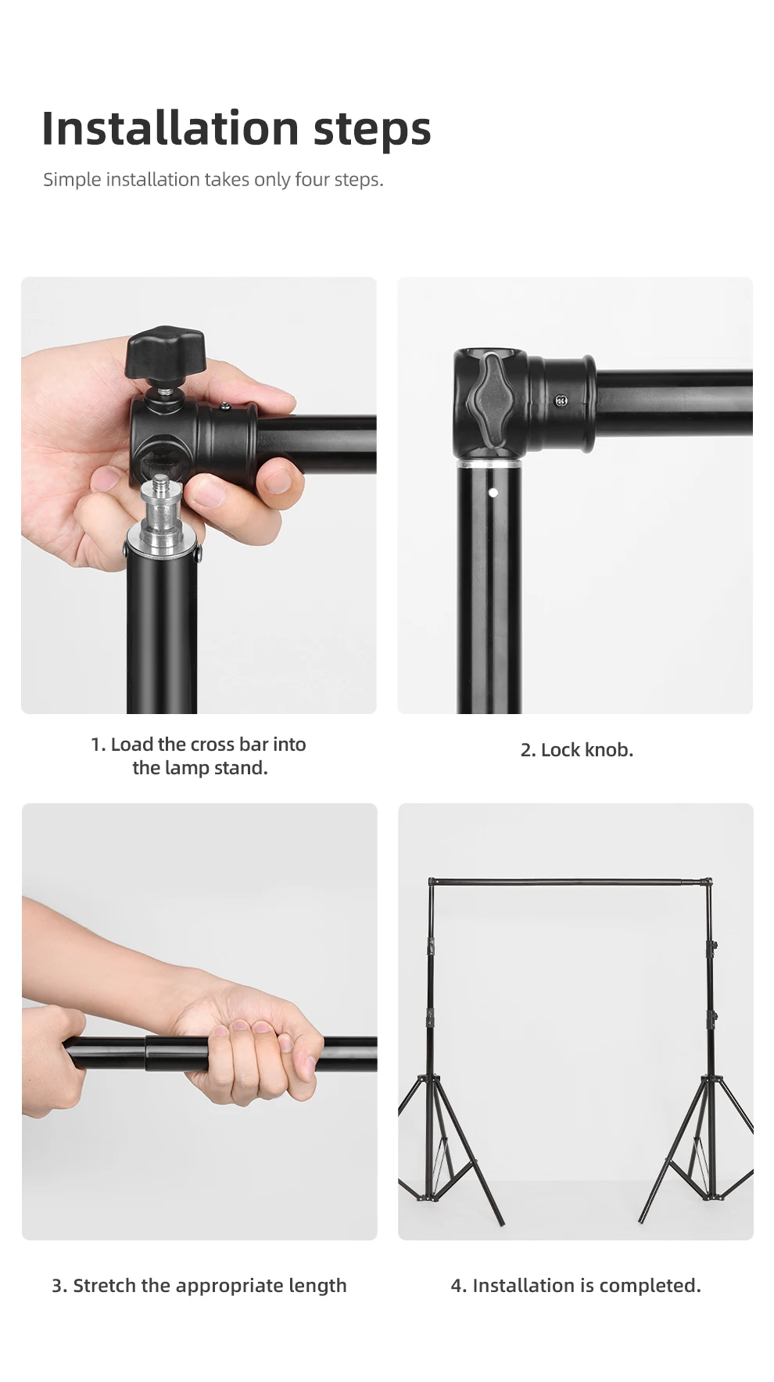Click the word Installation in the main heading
click(170, 127)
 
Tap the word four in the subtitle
click(312, 179)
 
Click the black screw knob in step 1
click(165, 352)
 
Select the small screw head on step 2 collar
click(561, 401)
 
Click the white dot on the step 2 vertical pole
click(493, 493)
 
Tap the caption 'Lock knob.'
click(576, 749)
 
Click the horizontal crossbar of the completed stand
click(570, 881)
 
